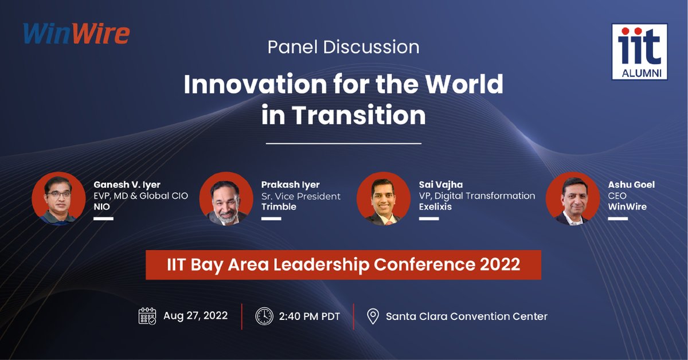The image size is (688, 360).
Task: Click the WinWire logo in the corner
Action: click(77, 33)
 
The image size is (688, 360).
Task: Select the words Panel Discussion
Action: click(343, 46)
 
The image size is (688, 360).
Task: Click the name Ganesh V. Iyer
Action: click(127, 185)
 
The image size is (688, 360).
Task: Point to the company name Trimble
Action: click(279, 206)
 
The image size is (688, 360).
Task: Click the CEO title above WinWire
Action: click(617, 196)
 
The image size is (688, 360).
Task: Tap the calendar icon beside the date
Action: click(147, 316)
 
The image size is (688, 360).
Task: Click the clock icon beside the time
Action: click(264, 316)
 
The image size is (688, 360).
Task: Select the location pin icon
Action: click(373, 316)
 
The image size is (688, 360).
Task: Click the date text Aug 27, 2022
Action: click(196, 316)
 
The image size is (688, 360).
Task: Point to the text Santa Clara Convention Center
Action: click(467, 316)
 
